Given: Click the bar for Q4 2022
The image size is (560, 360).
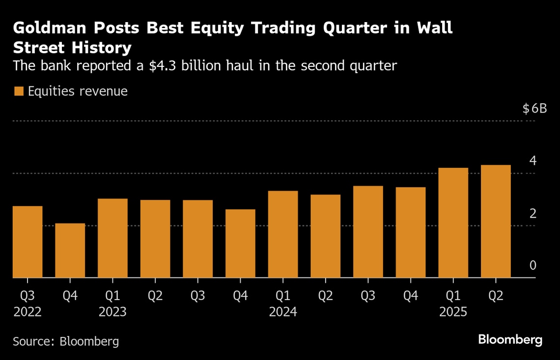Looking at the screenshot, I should [x=70, y=250].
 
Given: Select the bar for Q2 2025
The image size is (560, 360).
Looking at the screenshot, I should [x=496, y=222].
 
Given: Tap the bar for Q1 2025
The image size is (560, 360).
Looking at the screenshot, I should [x=453, y=223].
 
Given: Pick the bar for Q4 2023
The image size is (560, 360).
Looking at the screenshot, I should [x=240, y=244].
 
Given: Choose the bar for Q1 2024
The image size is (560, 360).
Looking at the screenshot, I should [x=283, y=234].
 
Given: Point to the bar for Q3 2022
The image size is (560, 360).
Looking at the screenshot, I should [x=28, y=242].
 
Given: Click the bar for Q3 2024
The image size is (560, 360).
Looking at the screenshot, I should [x=368, y=232].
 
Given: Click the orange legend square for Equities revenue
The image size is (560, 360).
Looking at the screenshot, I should [x=19, y=91].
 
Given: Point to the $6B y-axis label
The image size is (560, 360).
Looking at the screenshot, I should [x=534, y=109].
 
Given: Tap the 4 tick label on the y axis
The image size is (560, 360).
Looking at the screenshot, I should [x=532, y=161].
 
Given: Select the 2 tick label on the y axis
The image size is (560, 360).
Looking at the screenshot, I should [x=532, y=213].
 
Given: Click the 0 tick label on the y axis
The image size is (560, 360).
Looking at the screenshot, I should [x=532, y=266].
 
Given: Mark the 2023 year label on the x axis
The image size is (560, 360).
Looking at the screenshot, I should [x=112, y=311].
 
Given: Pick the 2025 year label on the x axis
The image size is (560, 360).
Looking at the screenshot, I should [x=453, y=311].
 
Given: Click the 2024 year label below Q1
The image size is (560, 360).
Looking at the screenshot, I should [x=283, y=311].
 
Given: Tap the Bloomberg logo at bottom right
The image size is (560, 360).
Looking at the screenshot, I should [x=510, y=339].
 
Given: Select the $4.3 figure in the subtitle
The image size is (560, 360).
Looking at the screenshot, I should [x=162, y=65].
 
